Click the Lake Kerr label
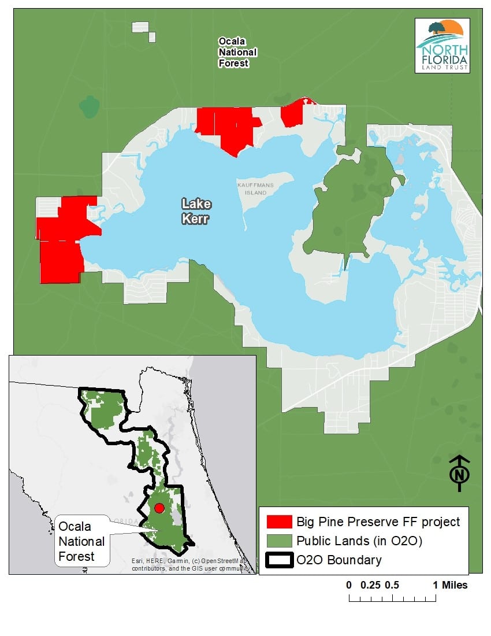click(196, 211)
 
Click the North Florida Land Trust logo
click(442, 46)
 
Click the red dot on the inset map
click(160, 508)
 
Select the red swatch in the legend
click(279, 522)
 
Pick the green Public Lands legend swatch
click(279, 541)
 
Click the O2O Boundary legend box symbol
click(279, 560)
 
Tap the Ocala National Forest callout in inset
click(81, 542)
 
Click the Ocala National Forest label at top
click(237, 52)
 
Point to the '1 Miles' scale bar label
click(450, 585)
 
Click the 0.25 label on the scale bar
click(370, 585)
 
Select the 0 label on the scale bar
click(349, 585)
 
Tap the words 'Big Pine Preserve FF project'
click(378, 522)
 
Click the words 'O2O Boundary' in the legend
click(339, 560)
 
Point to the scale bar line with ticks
click(392, 597)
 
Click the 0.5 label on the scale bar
click(392, 585)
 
